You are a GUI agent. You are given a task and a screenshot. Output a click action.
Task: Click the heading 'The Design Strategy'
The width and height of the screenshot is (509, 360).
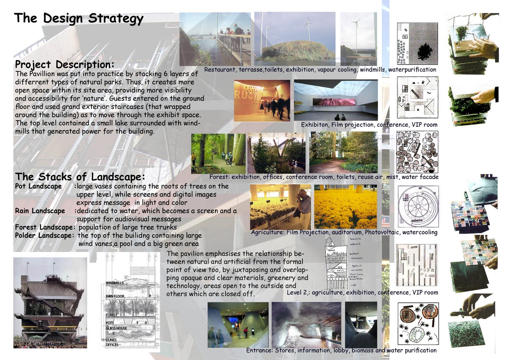79,18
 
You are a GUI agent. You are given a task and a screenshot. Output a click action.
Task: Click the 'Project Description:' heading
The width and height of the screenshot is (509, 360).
65,64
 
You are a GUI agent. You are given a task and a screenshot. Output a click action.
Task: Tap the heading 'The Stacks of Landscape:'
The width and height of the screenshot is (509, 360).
80,177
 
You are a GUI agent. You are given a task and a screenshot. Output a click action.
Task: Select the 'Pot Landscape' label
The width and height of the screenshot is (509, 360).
38,186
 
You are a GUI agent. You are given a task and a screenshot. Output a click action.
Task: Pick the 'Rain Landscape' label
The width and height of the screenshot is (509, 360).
40,211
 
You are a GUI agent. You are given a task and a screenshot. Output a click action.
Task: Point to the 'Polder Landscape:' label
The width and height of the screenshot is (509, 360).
44,236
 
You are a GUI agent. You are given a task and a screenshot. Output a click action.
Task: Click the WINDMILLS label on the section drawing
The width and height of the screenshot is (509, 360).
114,283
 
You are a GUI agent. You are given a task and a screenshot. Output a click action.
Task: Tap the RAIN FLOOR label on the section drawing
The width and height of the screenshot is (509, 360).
115,296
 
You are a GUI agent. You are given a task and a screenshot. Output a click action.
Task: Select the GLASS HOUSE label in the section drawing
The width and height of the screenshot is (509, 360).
116,328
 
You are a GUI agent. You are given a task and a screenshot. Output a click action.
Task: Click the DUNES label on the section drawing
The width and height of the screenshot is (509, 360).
111,340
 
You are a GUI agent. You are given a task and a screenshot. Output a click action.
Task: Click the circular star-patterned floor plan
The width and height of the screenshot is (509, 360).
418,206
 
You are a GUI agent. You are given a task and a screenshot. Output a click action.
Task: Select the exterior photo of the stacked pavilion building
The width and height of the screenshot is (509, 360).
50,302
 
